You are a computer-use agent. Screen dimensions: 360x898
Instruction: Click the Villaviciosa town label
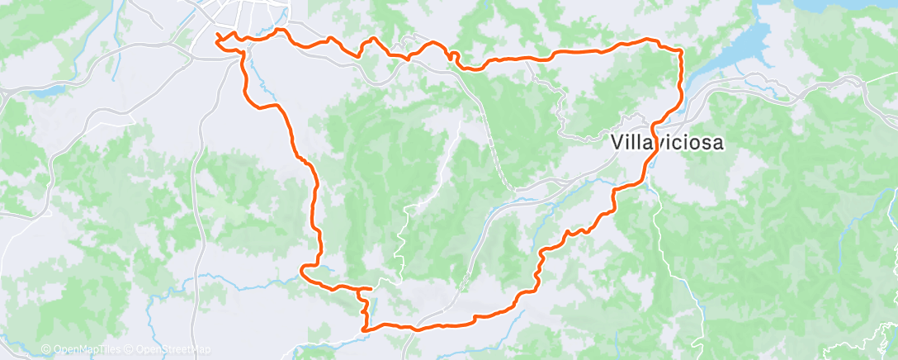click(x=669, y=143)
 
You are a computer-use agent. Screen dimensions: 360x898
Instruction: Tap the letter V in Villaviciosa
click(x=619, y=143)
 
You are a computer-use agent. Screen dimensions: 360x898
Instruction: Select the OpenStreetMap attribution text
click(x=173, y=350)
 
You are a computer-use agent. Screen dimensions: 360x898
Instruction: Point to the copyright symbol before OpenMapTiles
click(x=46, y=350)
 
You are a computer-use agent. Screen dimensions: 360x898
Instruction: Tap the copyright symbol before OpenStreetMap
click(x=130, y=350)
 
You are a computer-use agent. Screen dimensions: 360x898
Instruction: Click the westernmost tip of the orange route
click(x=217, y=37)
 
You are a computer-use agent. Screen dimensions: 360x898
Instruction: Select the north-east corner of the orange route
click(x=679, y=50)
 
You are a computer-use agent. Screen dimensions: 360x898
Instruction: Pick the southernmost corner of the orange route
click(x=364, y=328)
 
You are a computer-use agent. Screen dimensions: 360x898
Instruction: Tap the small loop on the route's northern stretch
click(x=451, y=55)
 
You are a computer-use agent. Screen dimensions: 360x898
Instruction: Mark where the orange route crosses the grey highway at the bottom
click(x=418, y=327)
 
